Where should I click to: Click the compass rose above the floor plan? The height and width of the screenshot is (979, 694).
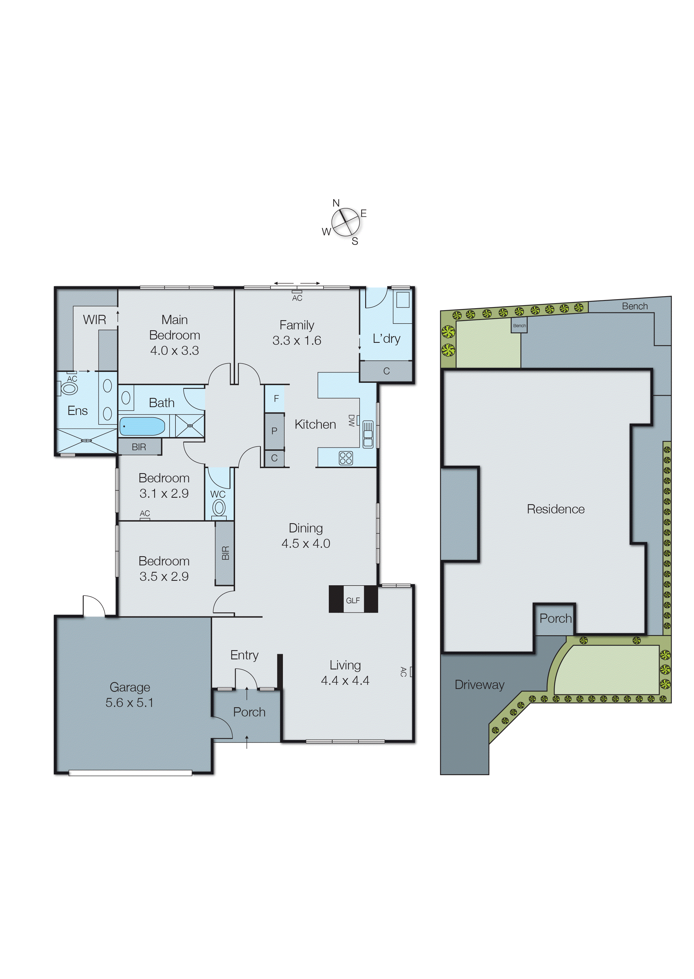pos(345,222)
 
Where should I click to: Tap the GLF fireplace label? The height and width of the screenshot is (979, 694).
pos(353,600)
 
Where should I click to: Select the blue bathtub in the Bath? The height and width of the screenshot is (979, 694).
pos(142,426)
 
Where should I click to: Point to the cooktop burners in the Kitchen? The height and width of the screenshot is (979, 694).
pos(346,458)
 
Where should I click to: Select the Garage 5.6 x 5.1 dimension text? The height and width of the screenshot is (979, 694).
pos(130,702)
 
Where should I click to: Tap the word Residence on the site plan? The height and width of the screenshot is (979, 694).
pos(555,509)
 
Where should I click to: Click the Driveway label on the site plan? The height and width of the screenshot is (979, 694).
pos(479,685)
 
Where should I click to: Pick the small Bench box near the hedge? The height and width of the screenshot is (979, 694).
pos(519,325)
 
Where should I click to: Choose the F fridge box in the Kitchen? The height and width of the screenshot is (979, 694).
pos(276,398)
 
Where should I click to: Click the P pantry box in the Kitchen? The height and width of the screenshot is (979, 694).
pos(274,431)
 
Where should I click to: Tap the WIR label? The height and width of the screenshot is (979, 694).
pos(94,320)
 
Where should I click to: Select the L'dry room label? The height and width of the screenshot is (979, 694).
pos(386,339)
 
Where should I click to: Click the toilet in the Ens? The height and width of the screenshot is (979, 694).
pos(69,388)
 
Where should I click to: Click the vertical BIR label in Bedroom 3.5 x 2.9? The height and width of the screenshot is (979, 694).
pos(225,553)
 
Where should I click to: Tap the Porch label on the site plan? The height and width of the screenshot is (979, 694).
pos(555,618)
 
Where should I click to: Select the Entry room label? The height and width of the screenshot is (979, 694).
pos(244,655)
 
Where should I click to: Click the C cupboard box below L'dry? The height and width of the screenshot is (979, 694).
pos(386,371)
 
